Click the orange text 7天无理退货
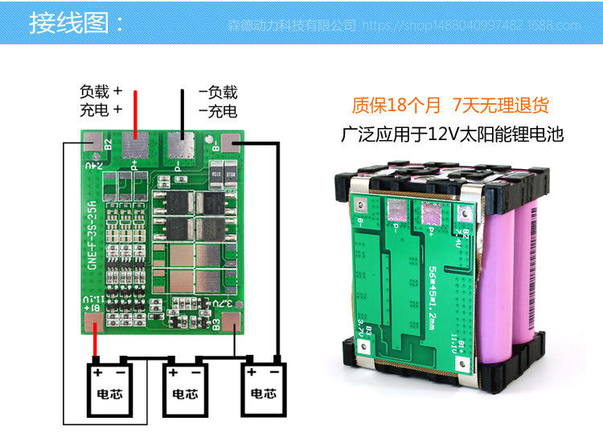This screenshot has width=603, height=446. (x=500, y=105)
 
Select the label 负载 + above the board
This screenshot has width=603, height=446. (x=100, y=92)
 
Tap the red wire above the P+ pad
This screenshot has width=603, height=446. (x=134, y=112)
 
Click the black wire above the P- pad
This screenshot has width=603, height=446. (x=182, y=112)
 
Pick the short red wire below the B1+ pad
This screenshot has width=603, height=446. (x=96, y=344)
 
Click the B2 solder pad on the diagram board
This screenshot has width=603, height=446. (x=94, y=144)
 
